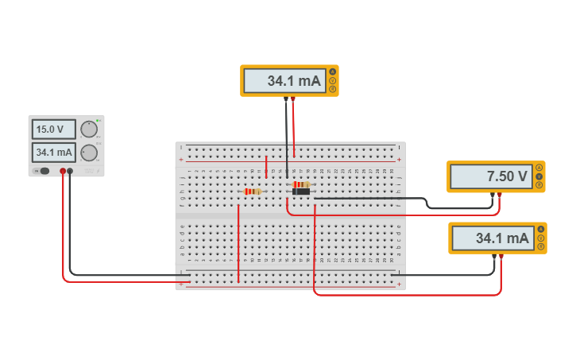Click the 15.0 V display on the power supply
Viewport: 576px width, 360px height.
53,129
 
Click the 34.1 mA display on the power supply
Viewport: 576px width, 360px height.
53,152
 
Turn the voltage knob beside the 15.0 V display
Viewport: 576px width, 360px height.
89,129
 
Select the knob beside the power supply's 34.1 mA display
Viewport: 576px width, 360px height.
89,153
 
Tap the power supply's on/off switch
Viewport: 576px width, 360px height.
44,171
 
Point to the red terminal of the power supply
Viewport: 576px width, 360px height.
63,171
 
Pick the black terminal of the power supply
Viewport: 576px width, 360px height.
71,171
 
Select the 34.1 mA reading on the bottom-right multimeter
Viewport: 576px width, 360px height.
492,238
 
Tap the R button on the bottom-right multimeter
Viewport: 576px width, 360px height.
541,246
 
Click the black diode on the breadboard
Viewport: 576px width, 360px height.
301,192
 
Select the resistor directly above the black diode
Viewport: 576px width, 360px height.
301,184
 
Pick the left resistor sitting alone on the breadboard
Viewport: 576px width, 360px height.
253,192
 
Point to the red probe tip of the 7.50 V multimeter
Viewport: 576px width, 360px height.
499,195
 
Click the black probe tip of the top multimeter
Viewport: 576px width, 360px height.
286,99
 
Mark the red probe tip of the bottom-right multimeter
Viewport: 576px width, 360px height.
501,256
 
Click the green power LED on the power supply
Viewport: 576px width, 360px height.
97,119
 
